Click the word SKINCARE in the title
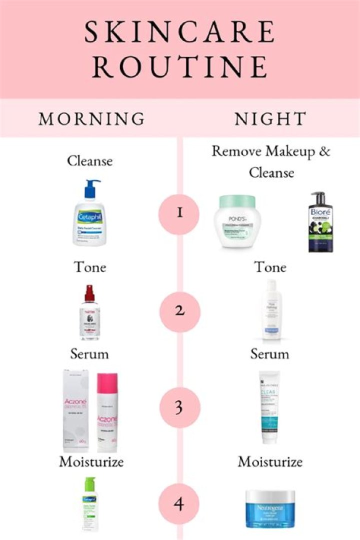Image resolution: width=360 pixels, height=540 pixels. [179, 32]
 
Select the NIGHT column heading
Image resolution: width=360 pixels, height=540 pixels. [270, 119]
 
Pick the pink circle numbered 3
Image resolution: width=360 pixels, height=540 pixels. [179, 408]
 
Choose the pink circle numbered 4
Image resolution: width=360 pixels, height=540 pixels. [179, 502]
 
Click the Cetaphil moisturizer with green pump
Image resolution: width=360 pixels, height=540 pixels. [90, 505]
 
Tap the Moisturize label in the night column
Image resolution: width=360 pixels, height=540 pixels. [270, 461]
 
